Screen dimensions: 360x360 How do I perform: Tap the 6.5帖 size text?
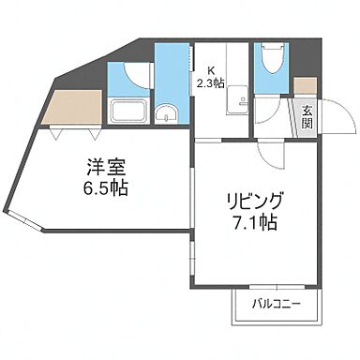click(103, 187)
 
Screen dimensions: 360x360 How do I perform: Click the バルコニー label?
click(278, 304)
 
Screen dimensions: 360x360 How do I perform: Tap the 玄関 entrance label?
click(307, 119)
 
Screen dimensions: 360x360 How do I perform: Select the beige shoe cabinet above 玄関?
click(306, 84)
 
